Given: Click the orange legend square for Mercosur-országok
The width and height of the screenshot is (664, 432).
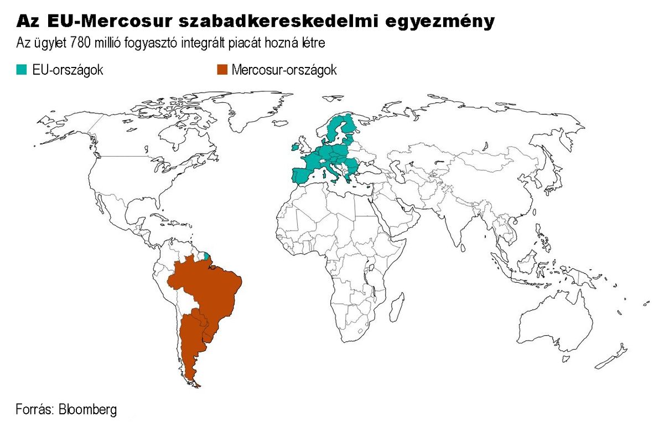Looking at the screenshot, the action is [221, 70].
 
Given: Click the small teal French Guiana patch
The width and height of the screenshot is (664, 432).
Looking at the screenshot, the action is [206, 256].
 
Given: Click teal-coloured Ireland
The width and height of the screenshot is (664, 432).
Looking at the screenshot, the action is [295, 148].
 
